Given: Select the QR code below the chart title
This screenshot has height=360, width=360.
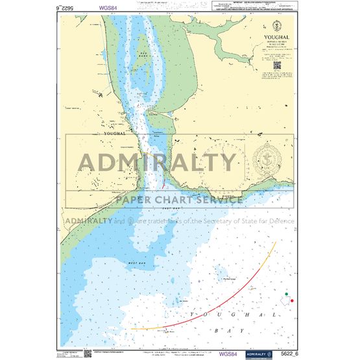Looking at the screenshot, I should pyautogui.click(x=276, y=64).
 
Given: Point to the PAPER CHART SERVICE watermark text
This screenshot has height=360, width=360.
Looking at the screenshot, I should pyautogui.click(x=179, y=199).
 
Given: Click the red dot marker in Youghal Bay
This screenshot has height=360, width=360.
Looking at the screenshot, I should pyautogui.click(x=293, y=300).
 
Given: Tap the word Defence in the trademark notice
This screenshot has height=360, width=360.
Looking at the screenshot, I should pyautogui.click(x=280, y=221).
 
